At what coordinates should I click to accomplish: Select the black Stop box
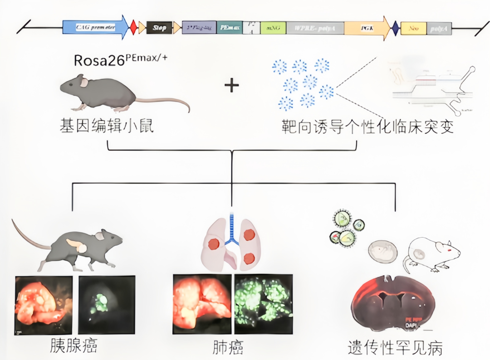point(159,28)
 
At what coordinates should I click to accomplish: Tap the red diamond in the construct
point(133,28)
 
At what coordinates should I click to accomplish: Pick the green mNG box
point(273,28)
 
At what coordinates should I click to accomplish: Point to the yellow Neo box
point(413,28)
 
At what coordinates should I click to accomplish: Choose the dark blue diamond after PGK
point(395,28)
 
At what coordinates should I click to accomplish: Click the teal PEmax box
point(229,28)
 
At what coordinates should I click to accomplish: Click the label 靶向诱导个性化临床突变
point(367,126)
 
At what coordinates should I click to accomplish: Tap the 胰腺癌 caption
point(73,347)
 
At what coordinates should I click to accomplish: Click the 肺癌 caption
point(228,347)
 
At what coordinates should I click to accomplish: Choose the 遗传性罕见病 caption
point(395,348)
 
